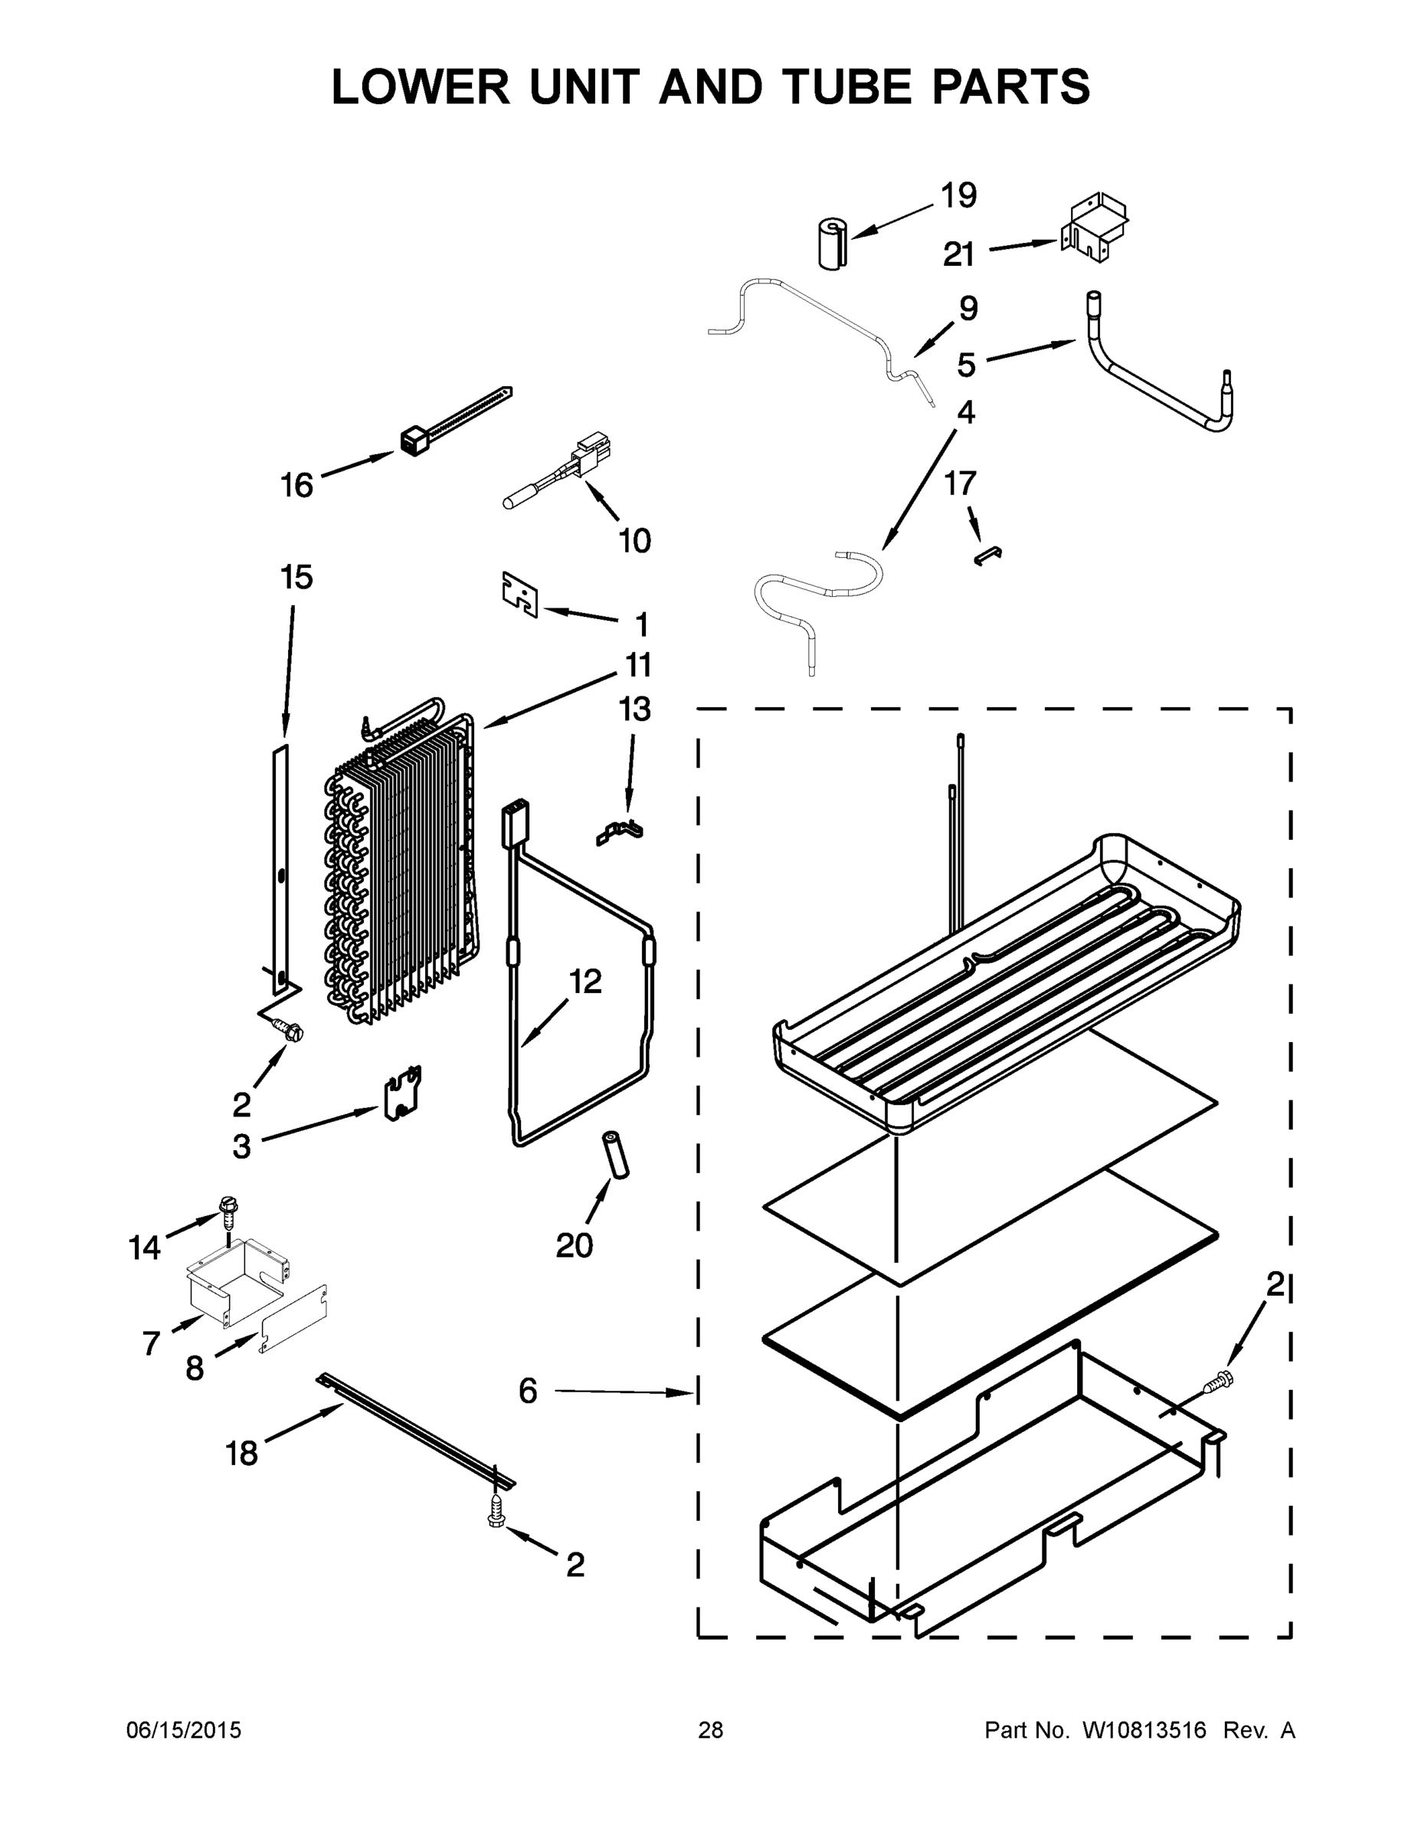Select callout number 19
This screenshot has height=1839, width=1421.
958,195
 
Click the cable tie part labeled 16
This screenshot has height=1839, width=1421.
454,421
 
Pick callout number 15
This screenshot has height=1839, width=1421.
296,578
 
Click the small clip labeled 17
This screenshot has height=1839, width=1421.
987,555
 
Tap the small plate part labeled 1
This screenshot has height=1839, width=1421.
520,594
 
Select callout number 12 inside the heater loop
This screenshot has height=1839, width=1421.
585,982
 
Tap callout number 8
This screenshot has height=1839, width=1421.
195,1369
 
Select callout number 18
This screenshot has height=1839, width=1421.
241,1453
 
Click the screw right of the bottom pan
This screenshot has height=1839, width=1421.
1217,1381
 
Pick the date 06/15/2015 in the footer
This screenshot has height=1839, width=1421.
184,1730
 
